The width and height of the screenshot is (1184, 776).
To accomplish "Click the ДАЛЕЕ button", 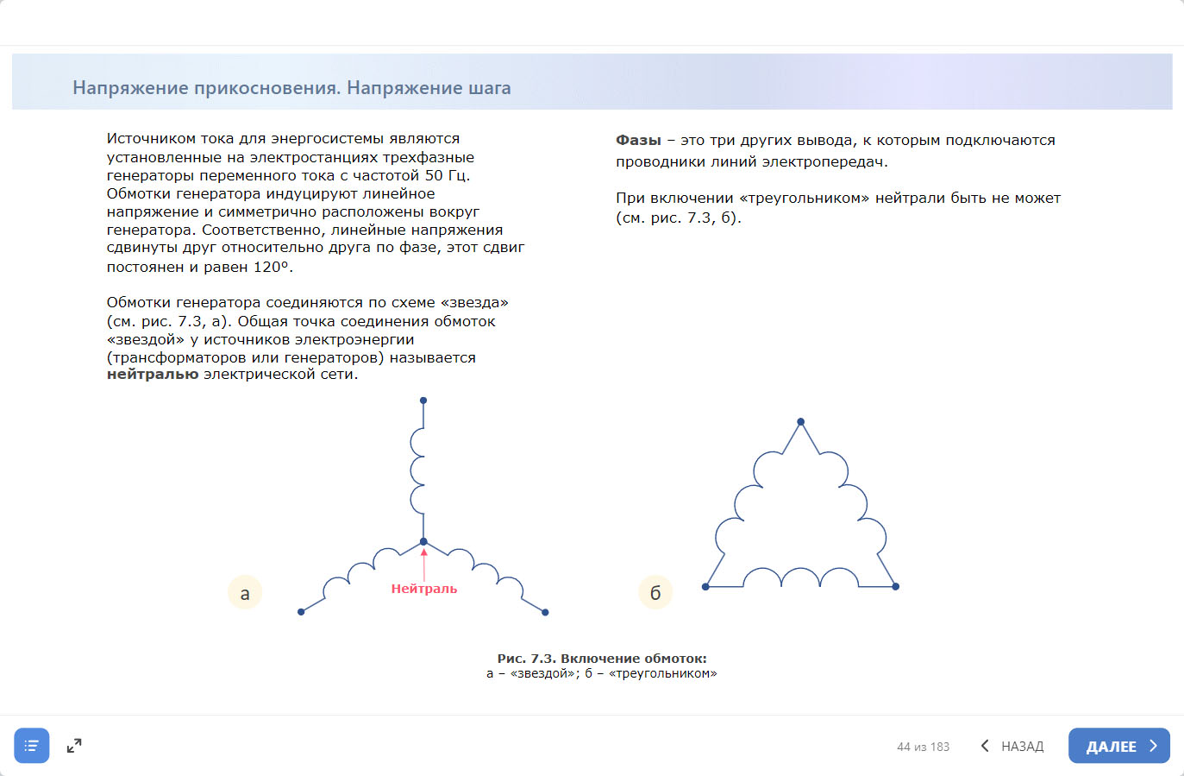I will (x=1118, y=747).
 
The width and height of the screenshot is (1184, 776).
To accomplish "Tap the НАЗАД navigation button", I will (x=1012, y=747).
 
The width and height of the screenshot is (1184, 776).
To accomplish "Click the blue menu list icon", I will (x=32, y=746).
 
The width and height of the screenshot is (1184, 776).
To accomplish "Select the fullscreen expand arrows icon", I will (x=74, y=746).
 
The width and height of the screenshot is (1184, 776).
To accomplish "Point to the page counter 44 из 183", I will (x=923, y=747).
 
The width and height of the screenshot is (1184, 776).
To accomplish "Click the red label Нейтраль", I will (x=424, y=589).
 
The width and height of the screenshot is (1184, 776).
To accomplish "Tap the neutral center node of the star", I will (x=423, y=542).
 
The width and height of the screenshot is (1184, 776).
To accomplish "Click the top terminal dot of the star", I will (x=423, y=401).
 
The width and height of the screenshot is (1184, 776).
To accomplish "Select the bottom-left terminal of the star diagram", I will (x=301, y=612).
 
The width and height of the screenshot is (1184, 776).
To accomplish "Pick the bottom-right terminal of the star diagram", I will (x=546, y=612).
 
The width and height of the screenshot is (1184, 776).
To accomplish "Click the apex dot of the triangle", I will (x=801, y=422).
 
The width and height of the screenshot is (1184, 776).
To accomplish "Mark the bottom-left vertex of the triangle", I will (x=705, y=587).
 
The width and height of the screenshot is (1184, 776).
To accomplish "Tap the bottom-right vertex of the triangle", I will (x=896, y=587).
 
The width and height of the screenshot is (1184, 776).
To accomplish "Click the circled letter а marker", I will (x=245, y=593).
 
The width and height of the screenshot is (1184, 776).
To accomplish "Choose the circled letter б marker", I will (x=655, y=593).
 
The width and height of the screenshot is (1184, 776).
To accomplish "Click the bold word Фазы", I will (x=638, y=140).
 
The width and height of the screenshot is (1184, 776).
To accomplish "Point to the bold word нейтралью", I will (x=153, y=375).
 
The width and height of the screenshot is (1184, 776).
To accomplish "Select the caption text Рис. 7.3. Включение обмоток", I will (x=602, y=659).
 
